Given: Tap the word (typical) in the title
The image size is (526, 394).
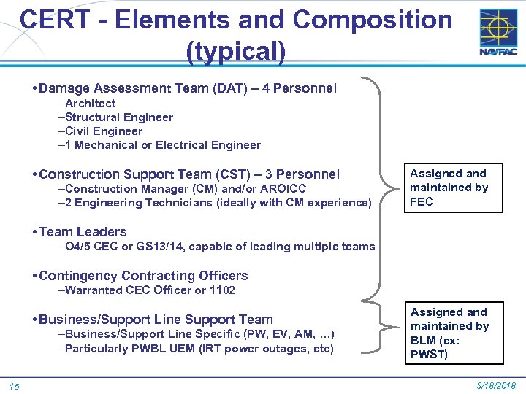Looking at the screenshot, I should coord(236,51).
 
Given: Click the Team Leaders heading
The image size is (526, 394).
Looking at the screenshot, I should coord(83,232).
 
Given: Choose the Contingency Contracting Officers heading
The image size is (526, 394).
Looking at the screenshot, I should coord(143,276).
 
